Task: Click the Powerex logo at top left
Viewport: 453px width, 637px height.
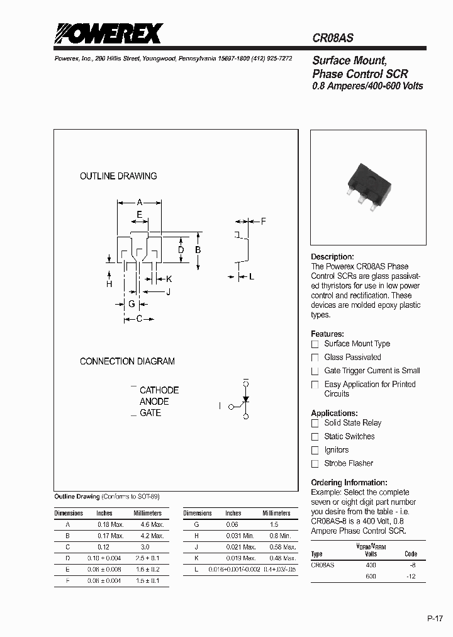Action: (108, 33)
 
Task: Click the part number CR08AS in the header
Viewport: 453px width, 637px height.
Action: (333, 38)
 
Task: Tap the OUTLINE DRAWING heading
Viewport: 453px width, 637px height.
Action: (118, 176)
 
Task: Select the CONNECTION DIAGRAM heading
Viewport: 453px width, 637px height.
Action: (127, 361)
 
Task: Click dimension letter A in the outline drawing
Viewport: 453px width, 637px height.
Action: (140, 203)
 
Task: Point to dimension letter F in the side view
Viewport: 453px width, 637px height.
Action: (263, 222)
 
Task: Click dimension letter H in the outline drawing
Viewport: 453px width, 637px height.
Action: (109, 285)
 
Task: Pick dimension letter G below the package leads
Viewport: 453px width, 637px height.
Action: (131, 304)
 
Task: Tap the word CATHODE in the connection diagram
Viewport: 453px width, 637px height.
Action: (159, 390)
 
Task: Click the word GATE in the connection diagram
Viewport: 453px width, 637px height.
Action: (150, 413)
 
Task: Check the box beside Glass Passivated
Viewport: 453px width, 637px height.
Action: (315, 358)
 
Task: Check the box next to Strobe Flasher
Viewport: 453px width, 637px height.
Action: (315, 464)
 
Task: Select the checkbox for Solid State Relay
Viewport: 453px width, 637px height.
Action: (315, 424)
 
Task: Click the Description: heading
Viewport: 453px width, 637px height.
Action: (332, 257)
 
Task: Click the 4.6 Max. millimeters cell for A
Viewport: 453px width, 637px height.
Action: (148, 524)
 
